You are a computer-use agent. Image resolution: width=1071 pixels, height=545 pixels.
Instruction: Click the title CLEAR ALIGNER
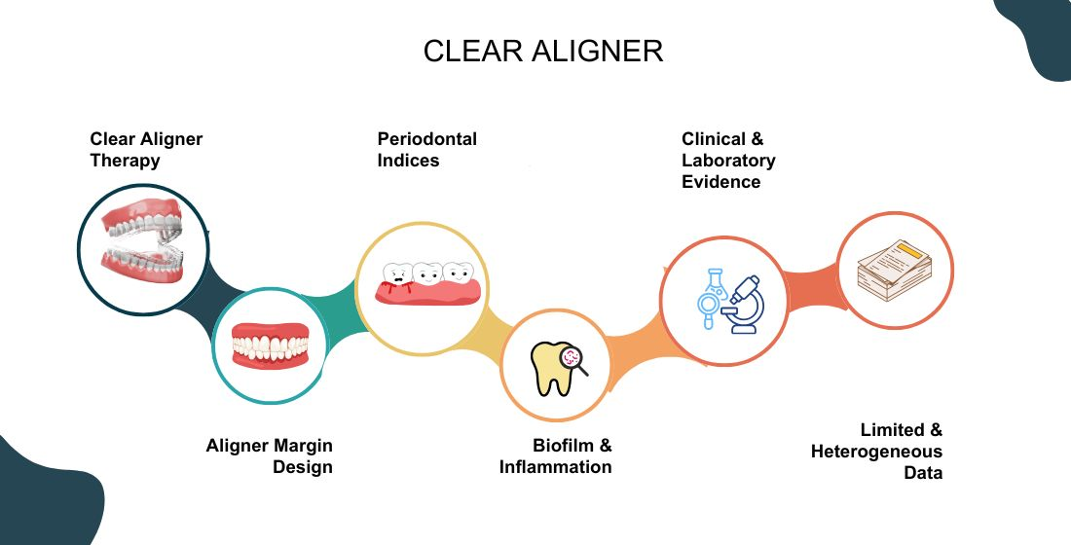(x=543, y=52)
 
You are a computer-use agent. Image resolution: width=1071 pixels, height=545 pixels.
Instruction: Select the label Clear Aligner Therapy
(x=146, y=149)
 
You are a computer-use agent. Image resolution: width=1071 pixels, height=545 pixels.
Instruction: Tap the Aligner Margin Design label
(x=270, y=455)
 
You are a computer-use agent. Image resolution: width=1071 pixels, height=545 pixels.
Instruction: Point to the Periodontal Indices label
(x=426, y=149)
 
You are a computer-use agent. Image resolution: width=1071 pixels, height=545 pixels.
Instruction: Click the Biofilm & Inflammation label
(x=556, y=455)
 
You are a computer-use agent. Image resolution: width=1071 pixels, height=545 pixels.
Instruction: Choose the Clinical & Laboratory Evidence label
(x=728, y=160)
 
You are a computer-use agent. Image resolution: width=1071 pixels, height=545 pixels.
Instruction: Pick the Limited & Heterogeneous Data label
(x=877, y=451)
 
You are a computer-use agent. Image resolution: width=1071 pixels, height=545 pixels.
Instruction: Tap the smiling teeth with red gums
(x=270, y=345)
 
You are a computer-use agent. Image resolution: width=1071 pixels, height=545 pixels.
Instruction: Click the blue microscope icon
(x=746, y=304)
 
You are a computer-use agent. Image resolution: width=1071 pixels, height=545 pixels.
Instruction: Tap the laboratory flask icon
(x=709, y=295)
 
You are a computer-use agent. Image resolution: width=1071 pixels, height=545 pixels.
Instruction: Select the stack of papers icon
(x=894, y=271)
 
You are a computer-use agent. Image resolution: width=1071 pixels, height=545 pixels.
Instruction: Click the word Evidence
(x=721, y=181)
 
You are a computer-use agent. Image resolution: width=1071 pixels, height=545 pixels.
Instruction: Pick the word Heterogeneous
(x=877, y=452)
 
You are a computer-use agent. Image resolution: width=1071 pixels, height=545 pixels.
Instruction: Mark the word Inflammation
(x=556, y=467)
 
